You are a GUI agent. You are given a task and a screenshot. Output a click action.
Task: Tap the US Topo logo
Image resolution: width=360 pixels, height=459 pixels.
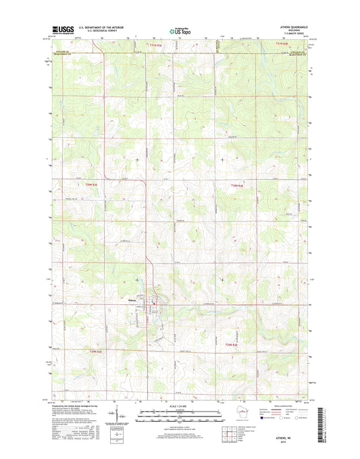click(x=179, y=30)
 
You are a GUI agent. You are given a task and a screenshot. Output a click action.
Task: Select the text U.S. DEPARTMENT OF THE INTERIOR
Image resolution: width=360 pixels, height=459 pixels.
click(x=101, y=27)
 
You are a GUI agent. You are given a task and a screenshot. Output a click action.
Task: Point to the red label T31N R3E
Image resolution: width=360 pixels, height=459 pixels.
click(x=155, y=44)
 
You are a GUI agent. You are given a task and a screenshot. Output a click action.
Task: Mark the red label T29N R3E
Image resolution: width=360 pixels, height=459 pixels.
click(x=97, y=349)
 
